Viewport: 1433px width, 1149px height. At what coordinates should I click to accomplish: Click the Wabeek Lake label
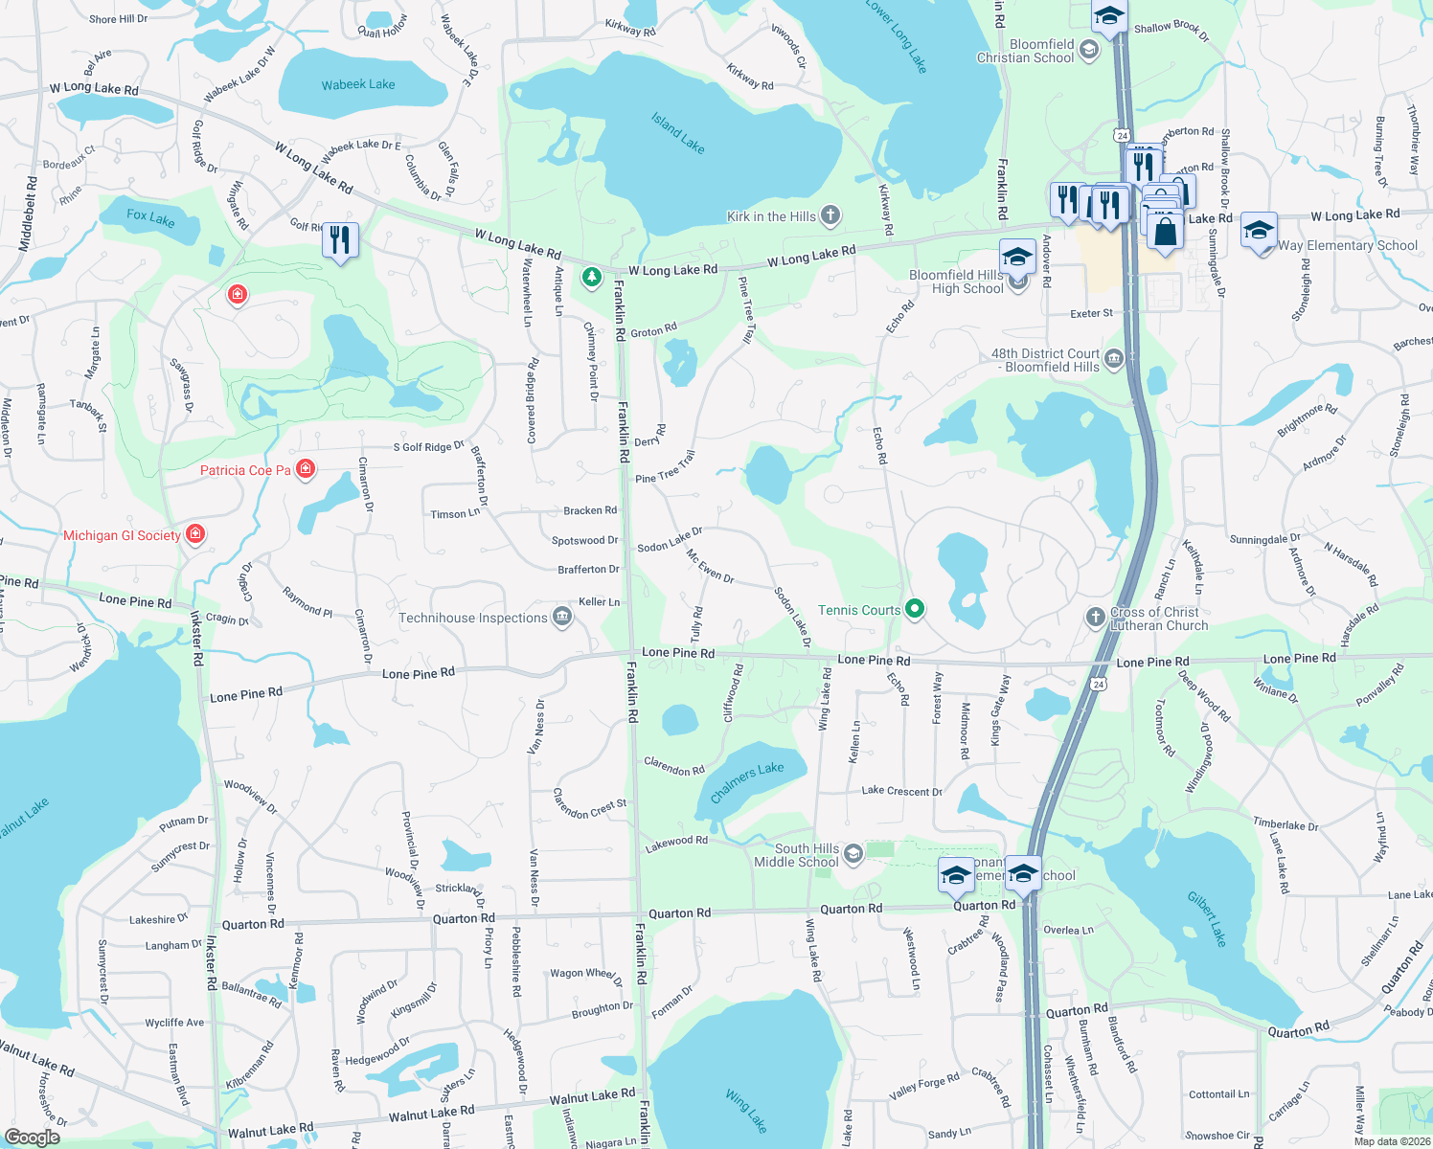click(x=358, y=85)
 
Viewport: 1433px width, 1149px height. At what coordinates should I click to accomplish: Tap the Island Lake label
click(x=678, y=133)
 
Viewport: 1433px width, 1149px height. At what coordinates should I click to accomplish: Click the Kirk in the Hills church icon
click(x=830, y=215)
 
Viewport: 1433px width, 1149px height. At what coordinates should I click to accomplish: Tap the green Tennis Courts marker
click(x=915, y=608)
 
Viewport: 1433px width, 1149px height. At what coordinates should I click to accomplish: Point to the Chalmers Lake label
click(x=747, y=782)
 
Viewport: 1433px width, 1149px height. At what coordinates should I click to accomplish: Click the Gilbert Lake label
click(x=1207, y=918)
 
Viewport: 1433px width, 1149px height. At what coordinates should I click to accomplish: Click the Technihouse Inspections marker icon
click(x=562, y=618)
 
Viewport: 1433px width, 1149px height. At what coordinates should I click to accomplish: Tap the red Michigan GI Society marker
click(x=195, y=533)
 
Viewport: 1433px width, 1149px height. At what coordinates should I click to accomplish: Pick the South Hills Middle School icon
click(x=853, y=852)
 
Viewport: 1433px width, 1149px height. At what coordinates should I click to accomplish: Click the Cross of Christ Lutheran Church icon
click(x=1096, y=617)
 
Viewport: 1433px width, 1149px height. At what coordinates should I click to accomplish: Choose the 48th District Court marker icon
click(x=1113, y=359)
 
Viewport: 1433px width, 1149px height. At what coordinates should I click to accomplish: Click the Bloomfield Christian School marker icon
click(x=1089, y=51)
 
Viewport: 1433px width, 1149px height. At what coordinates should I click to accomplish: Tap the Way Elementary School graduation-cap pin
click(x=1259, y=231)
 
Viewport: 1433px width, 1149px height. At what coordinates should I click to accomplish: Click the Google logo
click(x=32, y=1138)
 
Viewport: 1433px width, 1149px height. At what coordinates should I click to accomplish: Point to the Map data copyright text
click(x=1392, y=1141)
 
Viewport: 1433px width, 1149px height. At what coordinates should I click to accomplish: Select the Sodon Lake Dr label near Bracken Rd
click(x=670, y=539)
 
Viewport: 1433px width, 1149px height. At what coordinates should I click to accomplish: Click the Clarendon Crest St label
click(x=589, y=804)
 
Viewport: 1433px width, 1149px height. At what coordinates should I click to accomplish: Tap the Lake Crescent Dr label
click(x=901, y=791)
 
